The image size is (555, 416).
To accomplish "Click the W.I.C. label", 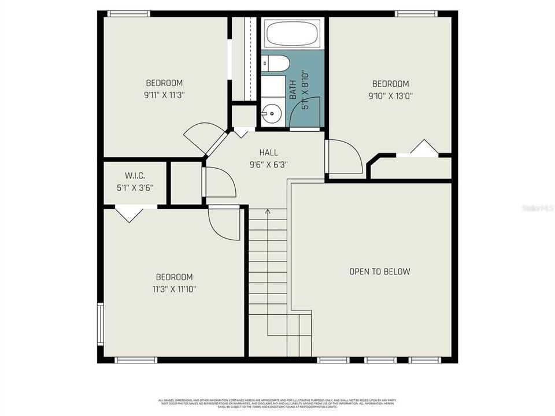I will [135, 175].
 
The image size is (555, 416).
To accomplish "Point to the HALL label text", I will [268, 153].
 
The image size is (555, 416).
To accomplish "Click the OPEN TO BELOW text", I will [379, 272].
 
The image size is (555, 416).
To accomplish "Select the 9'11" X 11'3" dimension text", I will [164, 95].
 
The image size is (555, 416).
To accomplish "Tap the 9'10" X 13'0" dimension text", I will [390, 96].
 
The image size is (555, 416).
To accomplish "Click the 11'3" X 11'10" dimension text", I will [174, 289].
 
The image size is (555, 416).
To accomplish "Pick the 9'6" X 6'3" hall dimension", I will [268, 164].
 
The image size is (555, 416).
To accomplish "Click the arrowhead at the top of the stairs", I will [268, 211].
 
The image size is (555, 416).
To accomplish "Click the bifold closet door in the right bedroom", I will [425, 148].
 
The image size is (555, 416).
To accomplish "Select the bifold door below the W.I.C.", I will [128, 214].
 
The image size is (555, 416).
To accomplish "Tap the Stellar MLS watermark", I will [537, 207].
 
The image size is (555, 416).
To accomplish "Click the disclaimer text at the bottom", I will [277, 403].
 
